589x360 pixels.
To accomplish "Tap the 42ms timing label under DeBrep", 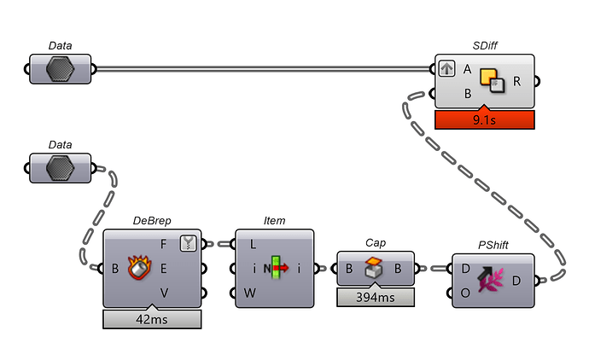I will pyautogui.click(x=152, y=319).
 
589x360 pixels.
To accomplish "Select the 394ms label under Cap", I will pyautogui.click(x=375, y=297).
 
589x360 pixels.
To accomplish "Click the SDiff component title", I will pyautogui.click(x=485, y=46).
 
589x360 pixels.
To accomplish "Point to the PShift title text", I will pyautogui.click(x=493, y=246).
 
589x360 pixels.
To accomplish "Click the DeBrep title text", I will pyautogui.click(x=152, y=221).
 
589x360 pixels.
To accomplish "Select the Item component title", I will pyautogui.click(x=274, y=221).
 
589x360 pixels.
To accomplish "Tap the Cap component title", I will pyautogui.click(x=376, y=242).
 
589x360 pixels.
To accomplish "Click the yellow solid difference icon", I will pyautogui.click(x=493, y=80).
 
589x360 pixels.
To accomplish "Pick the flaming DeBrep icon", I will pyautogui.click(x=140, y=268).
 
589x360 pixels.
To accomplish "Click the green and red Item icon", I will pyautogui.click(x=275, y=268).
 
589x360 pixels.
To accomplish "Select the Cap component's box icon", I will pyautogui.click(x=376, y=269).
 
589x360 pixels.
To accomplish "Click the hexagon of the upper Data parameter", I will pyautogui.click(x=60, y=69).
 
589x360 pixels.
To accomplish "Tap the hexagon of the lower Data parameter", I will pyautogui.click(x=60, y=168).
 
